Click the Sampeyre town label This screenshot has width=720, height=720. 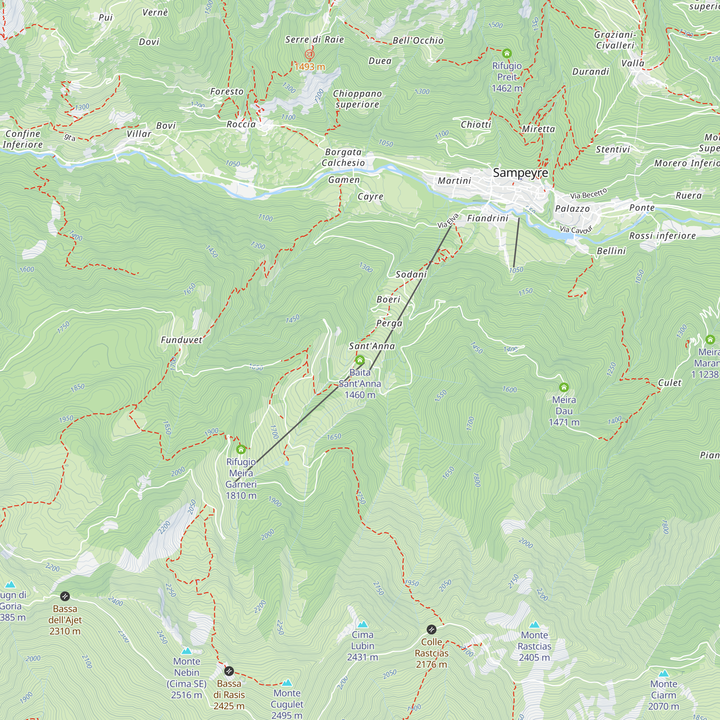(520, 173)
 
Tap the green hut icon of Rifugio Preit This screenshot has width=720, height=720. (507, 53)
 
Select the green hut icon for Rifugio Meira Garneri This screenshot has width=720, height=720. (241, 449)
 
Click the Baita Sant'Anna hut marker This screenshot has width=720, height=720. (360, 360)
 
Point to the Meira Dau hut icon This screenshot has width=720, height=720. (564, 387)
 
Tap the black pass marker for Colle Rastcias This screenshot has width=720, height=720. (431, 629)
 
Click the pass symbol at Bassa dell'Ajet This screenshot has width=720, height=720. (65, 596)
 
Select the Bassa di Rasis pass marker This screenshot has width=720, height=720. (229, 671)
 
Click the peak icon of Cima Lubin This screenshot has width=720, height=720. (363, 624)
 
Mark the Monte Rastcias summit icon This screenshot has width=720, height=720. (534, 625)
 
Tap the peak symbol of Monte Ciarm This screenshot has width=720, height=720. (663, 674)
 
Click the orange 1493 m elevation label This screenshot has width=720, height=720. (309, 67)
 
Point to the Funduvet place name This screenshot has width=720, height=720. (181, 340)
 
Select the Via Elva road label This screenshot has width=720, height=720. (447, 220)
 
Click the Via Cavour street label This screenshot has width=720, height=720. (576, 230)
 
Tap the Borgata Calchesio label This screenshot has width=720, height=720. (343, 157)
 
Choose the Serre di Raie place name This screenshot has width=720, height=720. (314, 40)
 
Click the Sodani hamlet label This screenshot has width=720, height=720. (411, 275)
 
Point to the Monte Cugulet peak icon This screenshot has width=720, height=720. (287, 683)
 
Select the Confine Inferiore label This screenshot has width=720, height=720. (22, 139)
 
